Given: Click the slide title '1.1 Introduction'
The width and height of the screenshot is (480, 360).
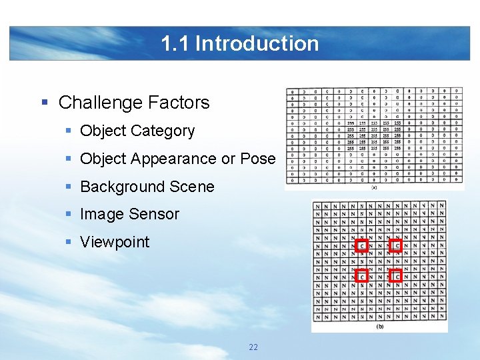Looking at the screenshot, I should point(240,43).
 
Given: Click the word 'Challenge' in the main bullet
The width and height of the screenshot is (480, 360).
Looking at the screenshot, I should point(97,103).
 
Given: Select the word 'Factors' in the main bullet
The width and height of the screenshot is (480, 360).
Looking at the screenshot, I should point(175,103).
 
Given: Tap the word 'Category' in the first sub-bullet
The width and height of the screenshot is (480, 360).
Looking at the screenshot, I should point(164,131).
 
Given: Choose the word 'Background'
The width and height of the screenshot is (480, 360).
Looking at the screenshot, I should point(123,187).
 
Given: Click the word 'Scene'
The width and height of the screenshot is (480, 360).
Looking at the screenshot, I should point(192,187).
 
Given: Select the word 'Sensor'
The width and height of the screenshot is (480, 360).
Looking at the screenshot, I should point(154,214).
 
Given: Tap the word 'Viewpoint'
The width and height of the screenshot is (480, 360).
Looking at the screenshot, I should point(115,242).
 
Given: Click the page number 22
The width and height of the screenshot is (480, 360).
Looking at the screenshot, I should point(253,347).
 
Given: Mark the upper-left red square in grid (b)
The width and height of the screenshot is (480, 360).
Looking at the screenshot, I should point(362,245).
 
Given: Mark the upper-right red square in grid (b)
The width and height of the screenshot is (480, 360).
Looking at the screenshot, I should point(396,245).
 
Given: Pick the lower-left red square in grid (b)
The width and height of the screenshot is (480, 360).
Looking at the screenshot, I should point(362,276).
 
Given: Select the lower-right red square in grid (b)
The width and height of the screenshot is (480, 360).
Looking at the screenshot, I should point(396,276).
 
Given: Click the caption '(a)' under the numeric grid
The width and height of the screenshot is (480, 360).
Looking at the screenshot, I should point(374,188).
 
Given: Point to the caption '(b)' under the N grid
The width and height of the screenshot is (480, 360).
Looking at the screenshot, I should point(380,327).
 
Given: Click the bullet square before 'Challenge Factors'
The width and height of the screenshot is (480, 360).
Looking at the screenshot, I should point(45,103).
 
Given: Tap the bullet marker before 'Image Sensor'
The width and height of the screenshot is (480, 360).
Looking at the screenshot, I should point(69,214).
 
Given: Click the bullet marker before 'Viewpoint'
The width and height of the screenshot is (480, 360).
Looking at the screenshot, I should point(69,242).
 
